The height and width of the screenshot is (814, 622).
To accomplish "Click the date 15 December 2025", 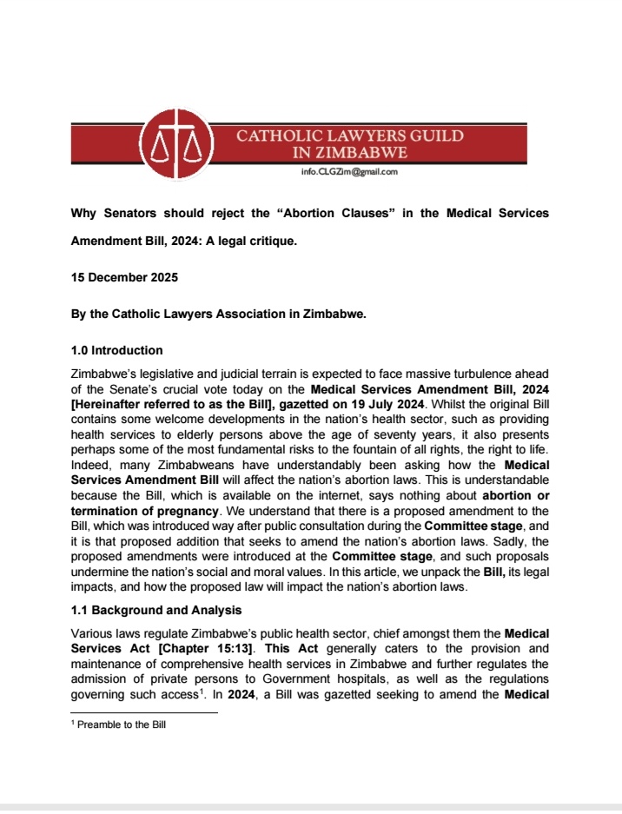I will tap(127, 277).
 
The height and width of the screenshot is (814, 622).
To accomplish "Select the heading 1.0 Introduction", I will tap(116, 350).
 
